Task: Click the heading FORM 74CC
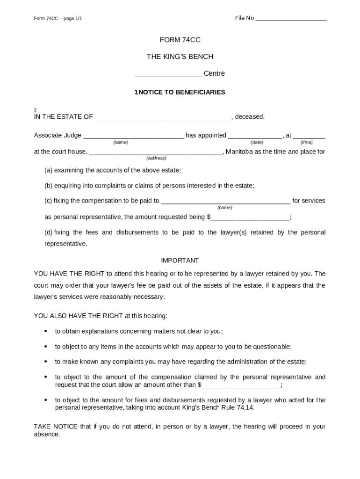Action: pyautogui.click(x=180, y=40)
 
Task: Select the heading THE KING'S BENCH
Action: pyautogui.click(x=180, y=57)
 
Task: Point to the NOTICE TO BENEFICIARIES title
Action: pyautogui.click(x=182, y=92)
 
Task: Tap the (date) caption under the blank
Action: pyautogui.click(x=257, y=142)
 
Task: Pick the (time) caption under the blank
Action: pyautogui.click(x=307, y=142)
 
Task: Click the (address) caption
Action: pyautogui.click(x=156, y=158)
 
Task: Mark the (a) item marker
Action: pyautogui.click(x=48, y=170)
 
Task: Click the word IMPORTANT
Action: pyautogui.click(x=180, y=260)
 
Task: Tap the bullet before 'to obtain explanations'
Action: pyautogui.click(x=46, y=331)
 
